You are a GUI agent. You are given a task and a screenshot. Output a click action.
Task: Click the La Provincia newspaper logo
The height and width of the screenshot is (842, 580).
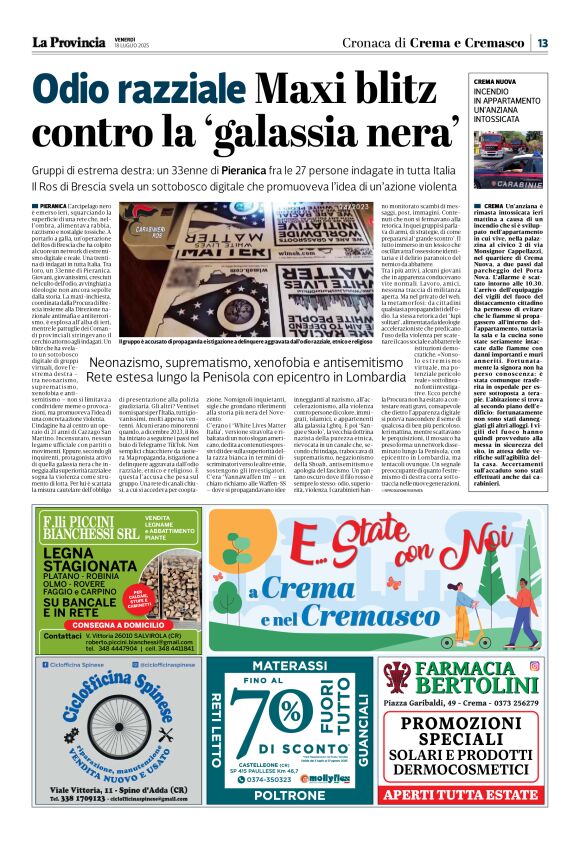pos(67,42)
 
